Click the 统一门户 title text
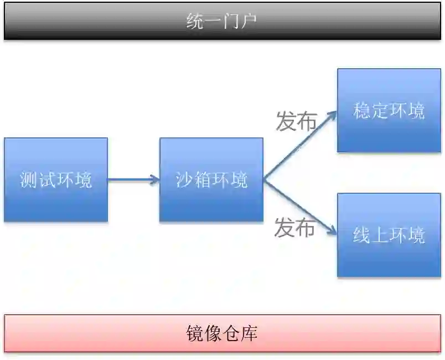(x=221, y=22)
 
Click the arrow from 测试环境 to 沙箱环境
(x=133, y=179)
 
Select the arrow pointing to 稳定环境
(x=302, y=143)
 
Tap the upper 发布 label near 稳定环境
(x=296, y=121)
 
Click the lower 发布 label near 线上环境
(x=294, y=228)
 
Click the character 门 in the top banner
(x=230, y=22)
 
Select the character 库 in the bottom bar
(x=249, y=333)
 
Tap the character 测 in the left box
(x=29, y=180)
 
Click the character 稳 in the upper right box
(x=362, y=111)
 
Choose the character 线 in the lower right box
(x=362, y=235)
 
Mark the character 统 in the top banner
(x=195, y=22)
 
